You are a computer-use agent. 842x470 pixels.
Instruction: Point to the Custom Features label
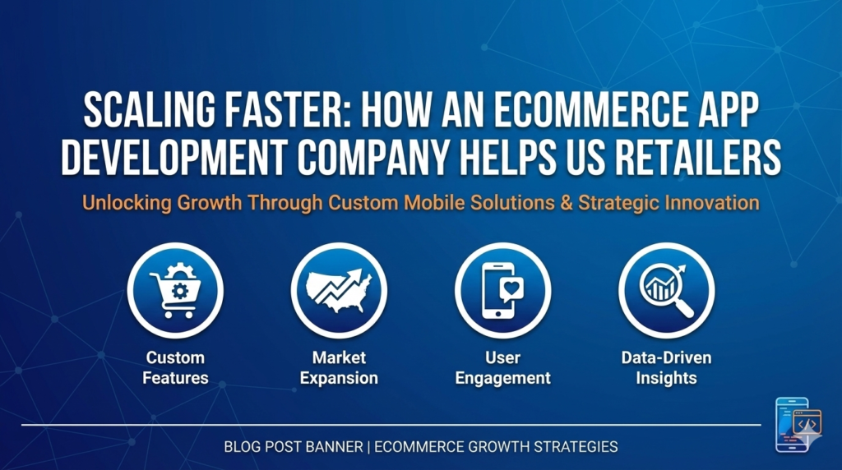(x=174, y=368)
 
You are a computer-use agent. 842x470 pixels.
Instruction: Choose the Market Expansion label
(x=339, y=368)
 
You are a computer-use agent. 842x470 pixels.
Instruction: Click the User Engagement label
(x=502, y=368)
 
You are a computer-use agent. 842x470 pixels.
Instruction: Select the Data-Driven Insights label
(x=666, y=368)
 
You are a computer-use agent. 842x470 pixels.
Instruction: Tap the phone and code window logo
(x=798, y=425)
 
